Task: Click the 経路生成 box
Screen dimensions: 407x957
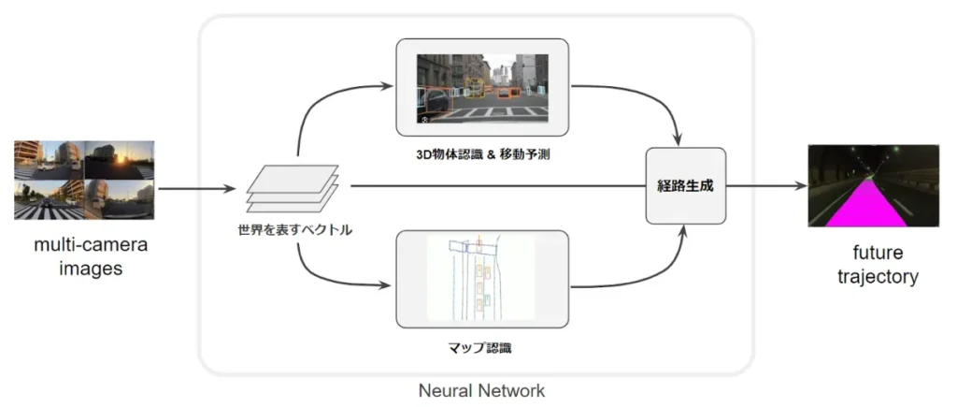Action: [686, 185]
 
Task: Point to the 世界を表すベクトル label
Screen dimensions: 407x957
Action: [294, 228]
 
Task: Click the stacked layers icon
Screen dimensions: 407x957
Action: [293, 187]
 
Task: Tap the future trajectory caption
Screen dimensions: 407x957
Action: [872, 265]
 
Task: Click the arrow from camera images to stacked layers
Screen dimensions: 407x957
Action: [196, 188]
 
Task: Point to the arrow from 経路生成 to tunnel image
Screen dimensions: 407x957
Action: [766, 186]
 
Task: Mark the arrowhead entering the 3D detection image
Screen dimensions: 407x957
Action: [389, 87]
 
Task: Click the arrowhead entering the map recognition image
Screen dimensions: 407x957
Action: [389, 283]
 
